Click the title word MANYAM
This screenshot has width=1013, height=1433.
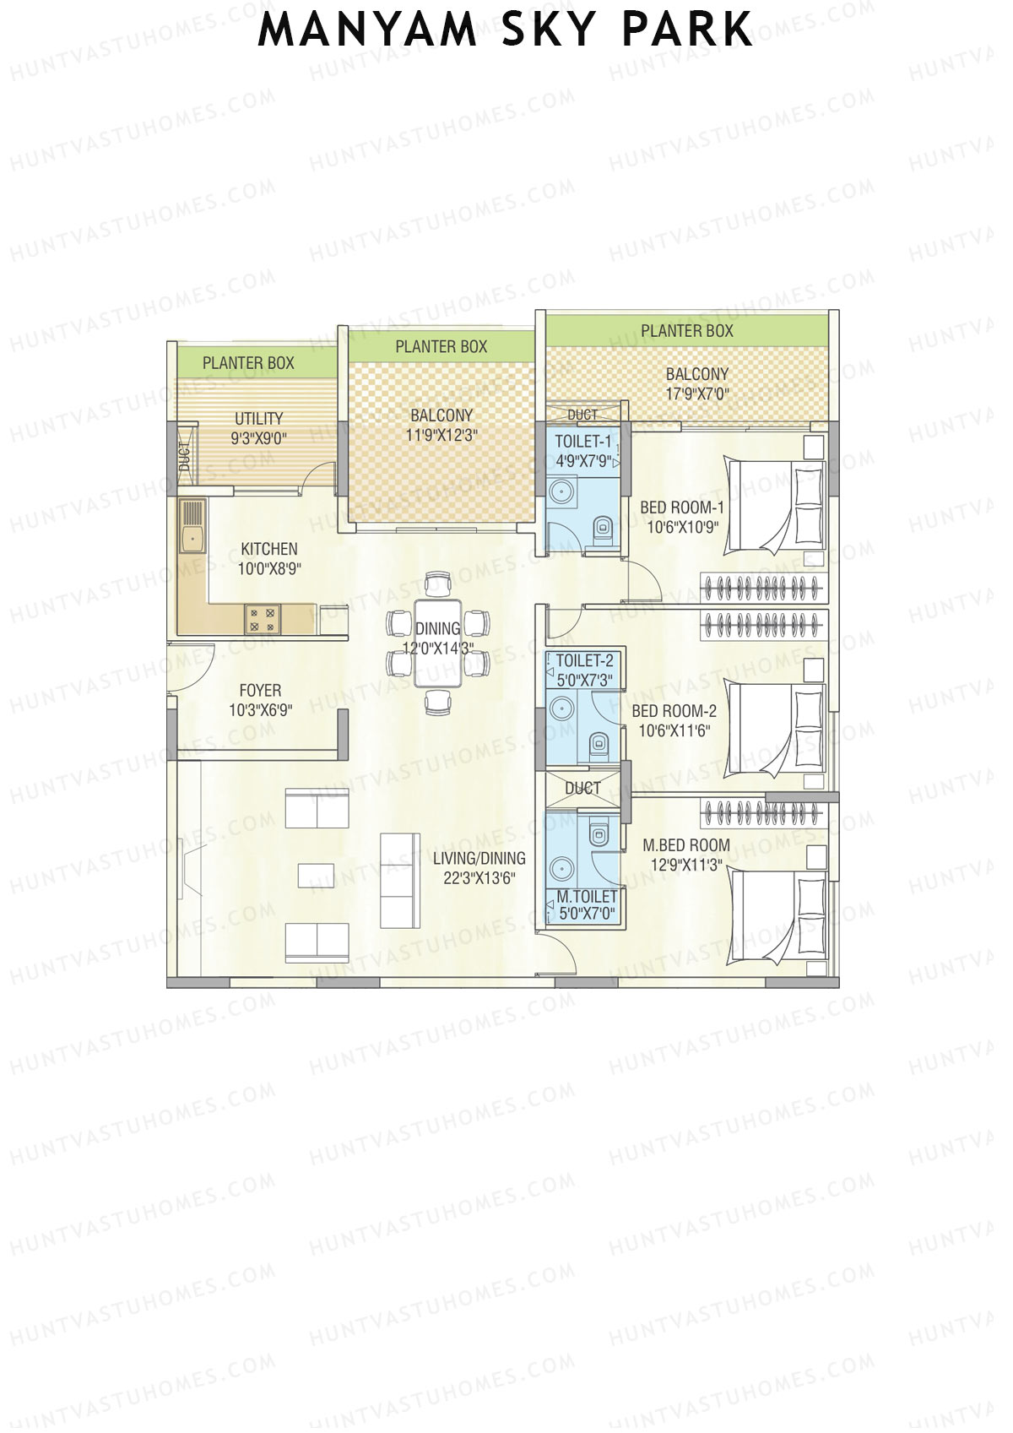(x=366, y=30)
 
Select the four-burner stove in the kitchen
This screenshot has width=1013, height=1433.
(x=262, y=619)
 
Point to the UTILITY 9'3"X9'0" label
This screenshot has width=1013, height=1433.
(x=258, y=428)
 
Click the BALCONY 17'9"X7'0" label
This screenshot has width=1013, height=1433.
(x=696, y=383)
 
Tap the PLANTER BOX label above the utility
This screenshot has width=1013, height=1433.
(x=248, y=363)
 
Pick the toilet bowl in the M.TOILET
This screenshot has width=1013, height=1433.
(x=599, y=832)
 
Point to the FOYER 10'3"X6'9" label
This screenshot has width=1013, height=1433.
(x=260, y=700)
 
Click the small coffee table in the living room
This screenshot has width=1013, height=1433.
(x=316, y=875)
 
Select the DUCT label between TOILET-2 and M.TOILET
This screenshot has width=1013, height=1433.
(x=582, y=789)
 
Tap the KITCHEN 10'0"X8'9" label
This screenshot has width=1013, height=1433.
(x=268, y=559)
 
